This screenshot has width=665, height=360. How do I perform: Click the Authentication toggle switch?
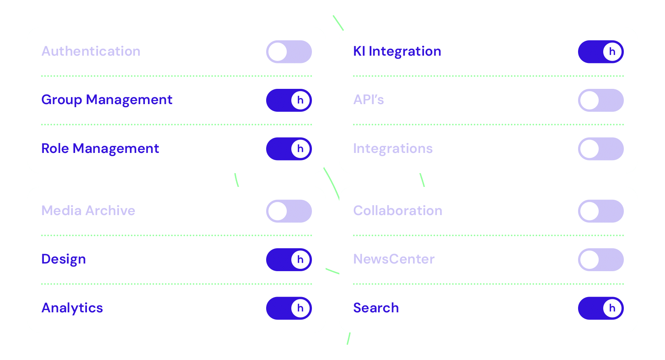(x=289, y=52)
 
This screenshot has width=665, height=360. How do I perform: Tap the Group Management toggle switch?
(x=289, y=100)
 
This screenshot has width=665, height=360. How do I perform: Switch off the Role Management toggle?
(x=289, y=149)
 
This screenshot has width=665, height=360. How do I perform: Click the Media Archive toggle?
(x=289, y=211)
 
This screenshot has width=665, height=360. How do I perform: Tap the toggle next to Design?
(x=289, y=260)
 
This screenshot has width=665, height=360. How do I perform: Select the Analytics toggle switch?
(x=289, y=308)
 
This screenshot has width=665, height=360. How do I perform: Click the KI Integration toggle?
(x=601, y=52)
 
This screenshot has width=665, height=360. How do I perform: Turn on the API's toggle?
(x=601, y=100)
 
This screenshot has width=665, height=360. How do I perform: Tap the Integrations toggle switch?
(x=601, y=149)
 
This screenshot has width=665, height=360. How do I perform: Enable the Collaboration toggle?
(x=601, y=211)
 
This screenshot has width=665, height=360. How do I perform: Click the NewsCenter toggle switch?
(x=601, y=260)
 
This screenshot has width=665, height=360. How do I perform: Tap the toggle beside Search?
(x=601, y=308)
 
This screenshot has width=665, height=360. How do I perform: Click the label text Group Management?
(x=107, y=100)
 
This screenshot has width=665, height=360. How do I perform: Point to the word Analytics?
(x=72, y=308)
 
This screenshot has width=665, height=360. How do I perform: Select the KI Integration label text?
(x=397, y=51)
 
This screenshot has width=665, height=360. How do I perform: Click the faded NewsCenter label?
(x=394, y=259)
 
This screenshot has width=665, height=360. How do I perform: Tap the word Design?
(x=63, y=259)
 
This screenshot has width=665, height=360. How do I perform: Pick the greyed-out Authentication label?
(x=91, y=51)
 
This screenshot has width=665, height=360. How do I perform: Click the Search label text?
(x=376, y=308)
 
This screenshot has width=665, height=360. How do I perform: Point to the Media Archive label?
(x=88, y=211)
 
